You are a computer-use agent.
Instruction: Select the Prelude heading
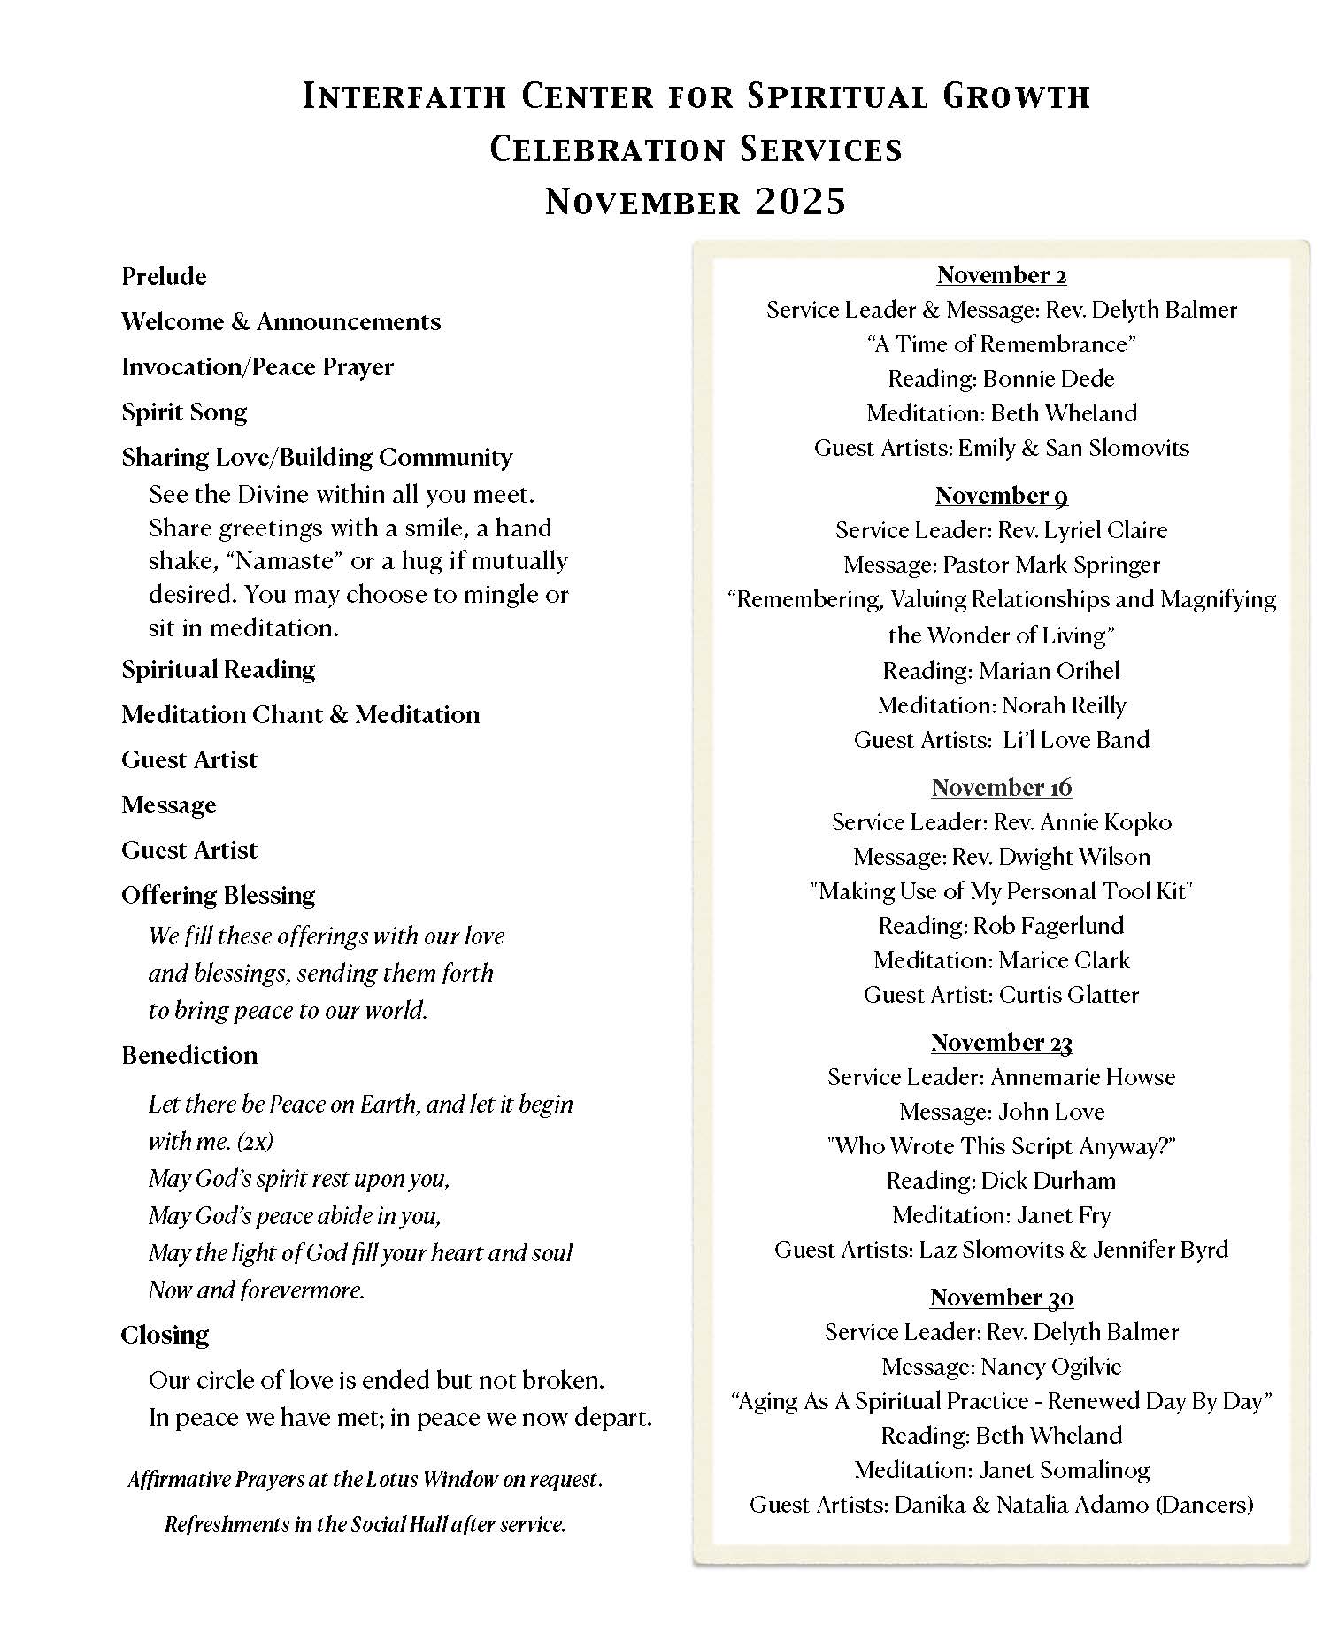click(164, 276)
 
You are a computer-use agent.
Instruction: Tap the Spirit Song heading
click(184, 412)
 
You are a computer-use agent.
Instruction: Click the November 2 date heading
click(1001, 275)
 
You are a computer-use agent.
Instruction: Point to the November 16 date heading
click(1001, 787)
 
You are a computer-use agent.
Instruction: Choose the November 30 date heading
click(1001, 1298)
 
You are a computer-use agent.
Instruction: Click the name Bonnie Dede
click(1049, 379)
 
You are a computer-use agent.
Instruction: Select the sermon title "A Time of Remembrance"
click(1001, 344)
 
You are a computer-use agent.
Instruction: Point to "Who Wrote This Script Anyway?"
click(1001, 1146)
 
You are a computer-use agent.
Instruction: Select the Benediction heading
click(189, 1055)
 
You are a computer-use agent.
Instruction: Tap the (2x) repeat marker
click(255, 1142)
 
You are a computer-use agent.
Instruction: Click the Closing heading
click(165, 1335)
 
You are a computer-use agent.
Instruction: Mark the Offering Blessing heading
click(218, 895)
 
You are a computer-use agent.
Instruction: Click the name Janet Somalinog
click(1064, 1470)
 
